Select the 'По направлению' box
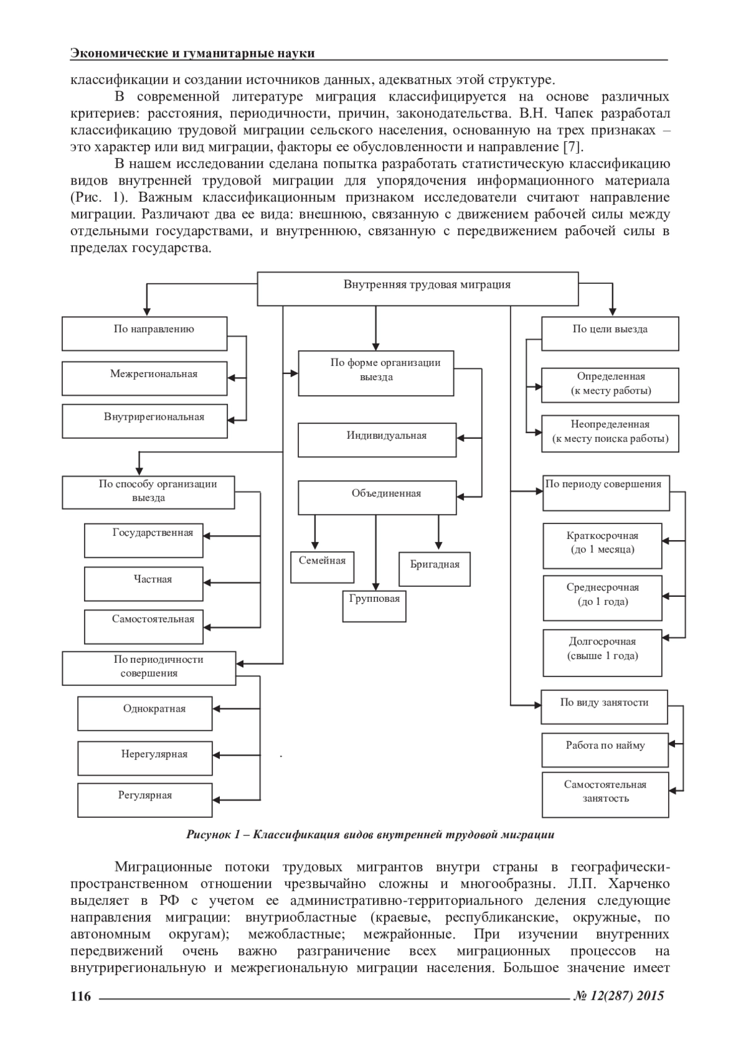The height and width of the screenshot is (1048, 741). pyautogui.click(x=144, y=334)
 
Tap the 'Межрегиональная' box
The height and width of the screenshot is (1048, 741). pyautogui.click(x=144, y=378)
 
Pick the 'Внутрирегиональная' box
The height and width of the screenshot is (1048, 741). pyautogui.click(x=144, y=421)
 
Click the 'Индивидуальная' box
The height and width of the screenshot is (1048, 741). pyautogui.click(x=377, y=439)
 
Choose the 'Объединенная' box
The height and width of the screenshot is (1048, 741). pyautogui.click(x=377, y=497)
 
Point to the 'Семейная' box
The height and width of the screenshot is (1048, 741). pyautogui.click(x=322, y=567)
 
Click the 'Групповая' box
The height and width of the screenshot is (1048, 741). pyautogui.click(x=374, y=605)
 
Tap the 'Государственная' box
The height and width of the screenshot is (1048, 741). pyautogui.click(x=144, y=540)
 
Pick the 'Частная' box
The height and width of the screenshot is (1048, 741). pyautogui.click(x=144, y=583)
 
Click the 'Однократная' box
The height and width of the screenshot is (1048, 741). pyautogui.click(x=144, y=713)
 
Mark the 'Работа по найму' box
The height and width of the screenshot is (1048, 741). pyautogui.click(x=605, y=750)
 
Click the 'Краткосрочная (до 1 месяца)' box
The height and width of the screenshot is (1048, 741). pyautogui.click(x=602, y=546)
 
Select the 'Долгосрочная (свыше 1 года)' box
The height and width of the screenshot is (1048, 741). pyautogui.click(x=602, y=652)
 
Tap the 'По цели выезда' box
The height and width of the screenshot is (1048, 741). pyautogui.click(x=609, y=334)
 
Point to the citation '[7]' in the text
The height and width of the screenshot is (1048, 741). pyautogui.click(x=572, y=147)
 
